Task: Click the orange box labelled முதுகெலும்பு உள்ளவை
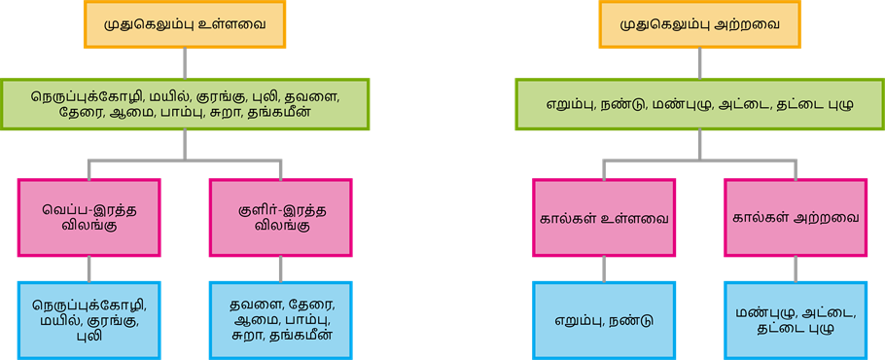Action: [185, 22]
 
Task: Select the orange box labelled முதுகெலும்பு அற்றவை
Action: [699, 22]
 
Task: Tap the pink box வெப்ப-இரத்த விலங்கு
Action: [89, 218]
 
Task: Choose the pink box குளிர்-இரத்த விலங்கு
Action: [281, 218]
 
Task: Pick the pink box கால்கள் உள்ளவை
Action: [604, 218]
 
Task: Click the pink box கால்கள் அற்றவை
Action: [796, 218]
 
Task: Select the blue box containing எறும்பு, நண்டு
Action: [604, 318]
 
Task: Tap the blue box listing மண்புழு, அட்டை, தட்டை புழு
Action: [796, 318]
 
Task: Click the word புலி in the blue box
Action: [89, 336]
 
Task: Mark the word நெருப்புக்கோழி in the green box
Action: [86, 97]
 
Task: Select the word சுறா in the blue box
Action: [249, 336]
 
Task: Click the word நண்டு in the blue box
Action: [631, 318]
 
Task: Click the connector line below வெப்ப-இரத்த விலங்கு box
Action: [89, 269]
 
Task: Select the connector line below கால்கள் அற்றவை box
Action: [796, 269]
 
